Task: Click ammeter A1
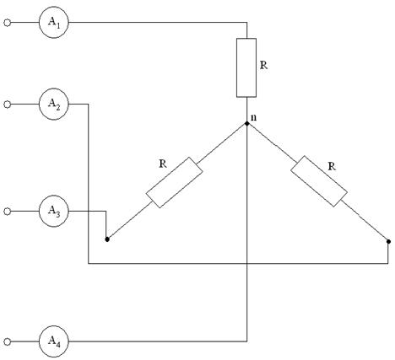[x=54, y=22]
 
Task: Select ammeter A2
[x=54, y=104]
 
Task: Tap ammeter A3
[x=54, y=211]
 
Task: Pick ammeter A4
[x=54, y=341]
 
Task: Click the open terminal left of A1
[x=8, y=23]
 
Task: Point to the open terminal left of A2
[x=8, y=105]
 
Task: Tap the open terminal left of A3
[x=8, y=212]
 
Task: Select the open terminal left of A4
[x=8, y=341]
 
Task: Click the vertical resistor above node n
[x=246, y=67]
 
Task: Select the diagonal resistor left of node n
[x=174, y=182]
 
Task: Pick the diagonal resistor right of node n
[x=319, y=181]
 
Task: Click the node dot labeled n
[x=246, y=123]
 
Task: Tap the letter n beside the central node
[x=253, y=118]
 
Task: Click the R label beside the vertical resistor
[x=263, y=65]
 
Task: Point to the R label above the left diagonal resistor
[x=163, y=164]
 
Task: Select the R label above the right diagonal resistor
[x=332, y=167]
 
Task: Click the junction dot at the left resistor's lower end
[x=107, y=239]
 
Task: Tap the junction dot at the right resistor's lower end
[x=388, y=241]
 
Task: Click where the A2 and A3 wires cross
[x=89, y=211]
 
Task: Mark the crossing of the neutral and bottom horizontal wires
[x=247, y=264]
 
